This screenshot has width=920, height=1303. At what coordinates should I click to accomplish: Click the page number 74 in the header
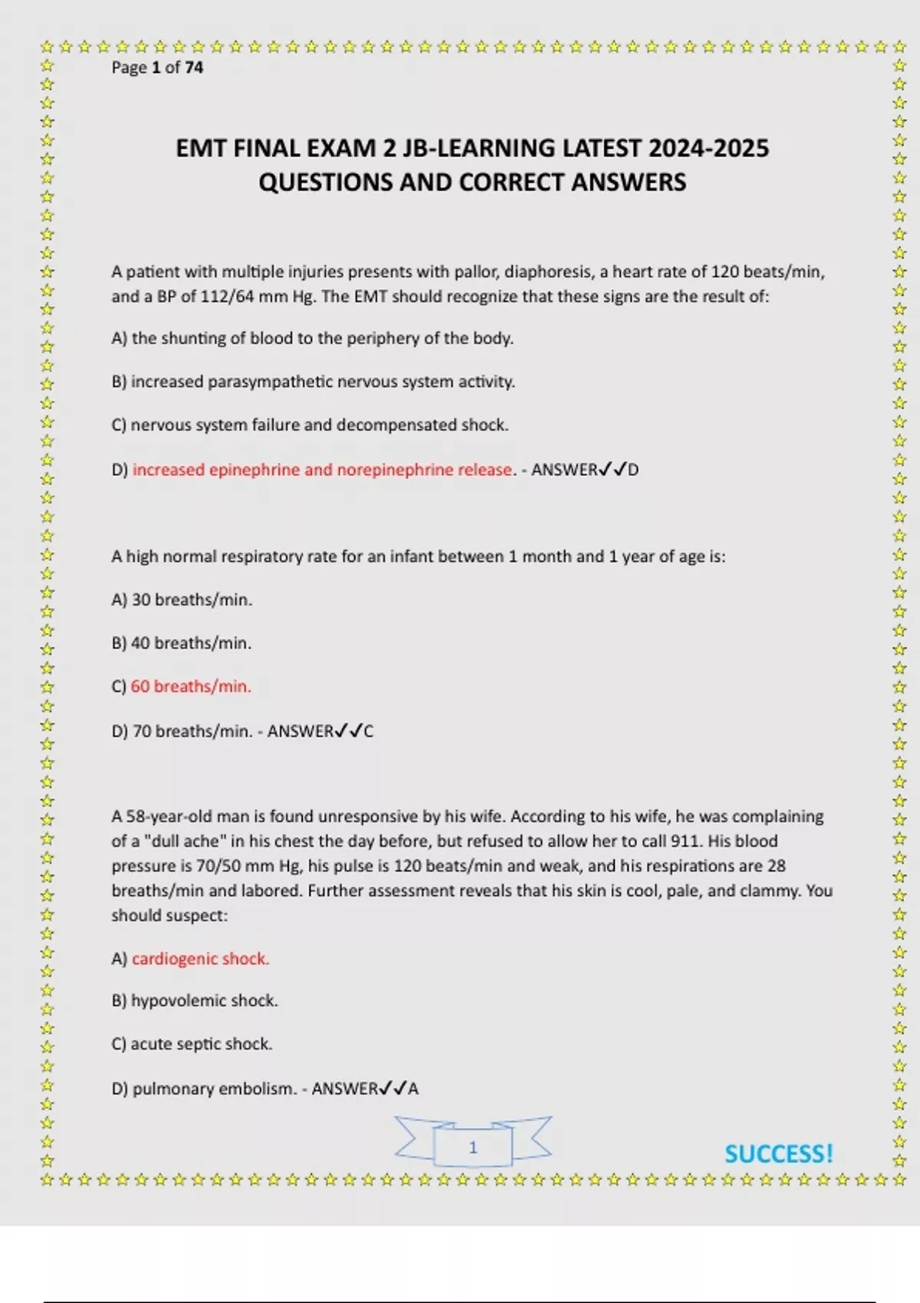point(194,67)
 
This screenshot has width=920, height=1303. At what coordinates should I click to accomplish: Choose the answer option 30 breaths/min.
point(192,600)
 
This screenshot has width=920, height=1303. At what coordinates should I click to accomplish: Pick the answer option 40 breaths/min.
point(192,644)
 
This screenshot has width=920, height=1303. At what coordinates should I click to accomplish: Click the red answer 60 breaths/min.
point(191,687)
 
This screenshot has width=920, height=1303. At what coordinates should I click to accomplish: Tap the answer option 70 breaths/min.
point(192,731)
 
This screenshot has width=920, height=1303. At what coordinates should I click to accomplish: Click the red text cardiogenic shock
point(200,959)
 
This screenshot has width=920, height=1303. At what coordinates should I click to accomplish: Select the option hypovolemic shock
point(204,1001)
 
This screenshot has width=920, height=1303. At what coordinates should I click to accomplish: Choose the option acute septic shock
point(202,1044)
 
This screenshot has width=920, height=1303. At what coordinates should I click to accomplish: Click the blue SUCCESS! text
point(778,1154)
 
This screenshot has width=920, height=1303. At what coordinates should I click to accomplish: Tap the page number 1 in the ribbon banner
point(473,1147)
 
